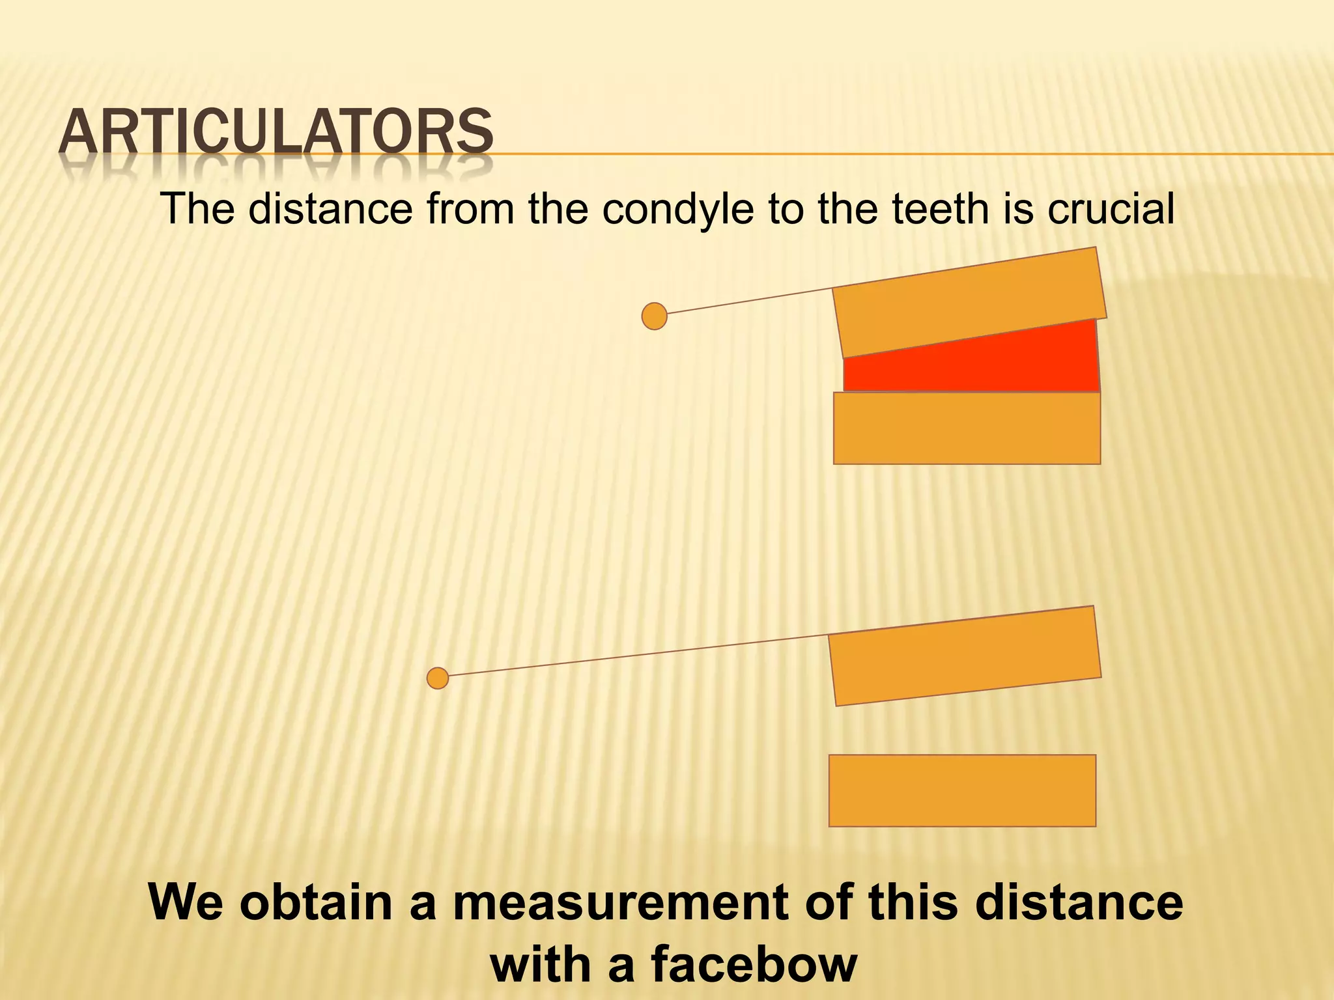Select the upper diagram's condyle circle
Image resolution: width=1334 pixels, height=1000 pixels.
pyautogui.click(x=654, y=316)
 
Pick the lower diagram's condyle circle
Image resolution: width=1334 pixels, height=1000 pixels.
pyautogui.click(x=438, y=678)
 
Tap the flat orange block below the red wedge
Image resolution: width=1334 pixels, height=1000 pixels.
pyautogui.click(x=967, y=428)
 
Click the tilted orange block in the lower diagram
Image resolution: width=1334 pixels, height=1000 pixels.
pyautogui.click(x=964, y=656)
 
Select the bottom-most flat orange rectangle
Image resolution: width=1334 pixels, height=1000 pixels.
pyautogui.click(x=962, y=790)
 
